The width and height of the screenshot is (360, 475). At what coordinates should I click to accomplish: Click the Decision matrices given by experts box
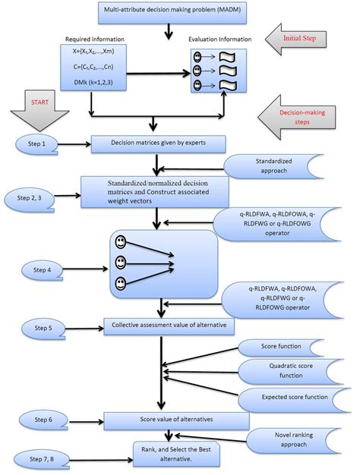point(157,142)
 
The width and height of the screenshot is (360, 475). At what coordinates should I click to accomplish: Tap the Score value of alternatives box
point(166,420)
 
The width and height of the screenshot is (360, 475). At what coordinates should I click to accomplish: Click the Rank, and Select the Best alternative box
point(171,455)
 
